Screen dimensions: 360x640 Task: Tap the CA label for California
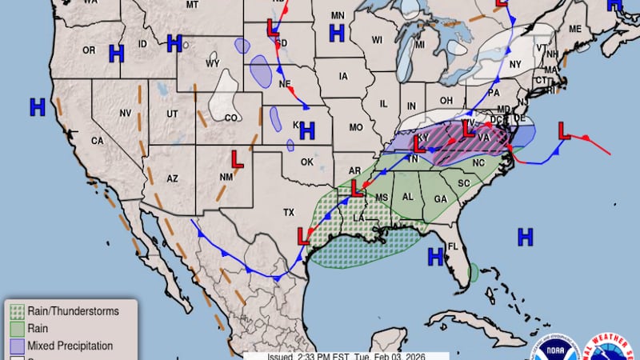click(97, 141)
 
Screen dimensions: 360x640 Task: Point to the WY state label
click(212, 63)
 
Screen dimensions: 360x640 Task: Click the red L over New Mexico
click(238, 158)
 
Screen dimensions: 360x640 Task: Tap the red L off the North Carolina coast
click(563, 130)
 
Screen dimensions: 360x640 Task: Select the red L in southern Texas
click(303, 236)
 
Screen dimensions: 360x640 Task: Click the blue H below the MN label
click(337, 33)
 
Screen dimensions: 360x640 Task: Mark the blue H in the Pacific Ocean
click(37, 106)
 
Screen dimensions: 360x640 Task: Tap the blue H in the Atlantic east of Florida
click(525, 236)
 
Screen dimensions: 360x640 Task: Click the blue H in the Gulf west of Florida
click(435, 257)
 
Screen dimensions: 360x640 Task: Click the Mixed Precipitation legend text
click(70, 346)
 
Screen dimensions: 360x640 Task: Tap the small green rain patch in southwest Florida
click(473, 273)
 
